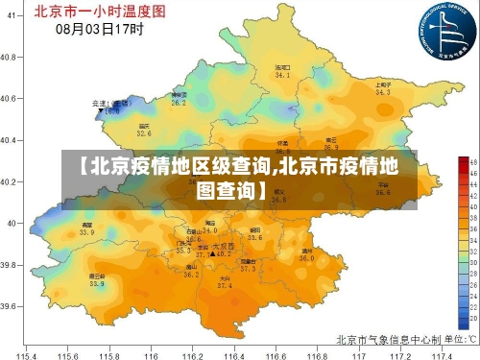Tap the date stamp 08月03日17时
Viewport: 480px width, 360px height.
coord(100,29)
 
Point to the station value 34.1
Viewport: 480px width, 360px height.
coord(282,74)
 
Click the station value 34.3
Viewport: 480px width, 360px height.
coord(383,93)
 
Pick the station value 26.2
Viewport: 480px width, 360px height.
coord(179,102)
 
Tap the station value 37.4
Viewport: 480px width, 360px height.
coord(224,285)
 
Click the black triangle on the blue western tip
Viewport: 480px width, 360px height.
coord(100,111)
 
